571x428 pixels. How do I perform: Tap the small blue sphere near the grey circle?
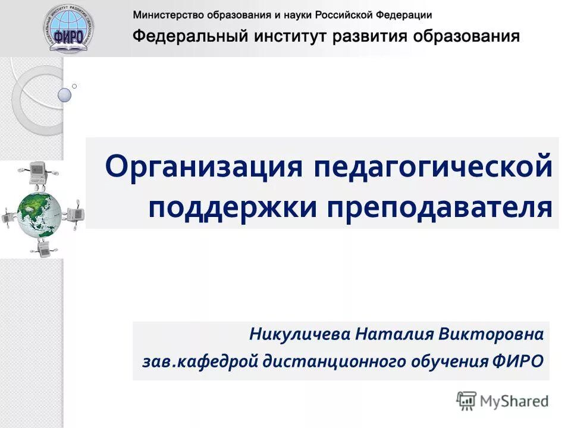coord(64,95)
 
